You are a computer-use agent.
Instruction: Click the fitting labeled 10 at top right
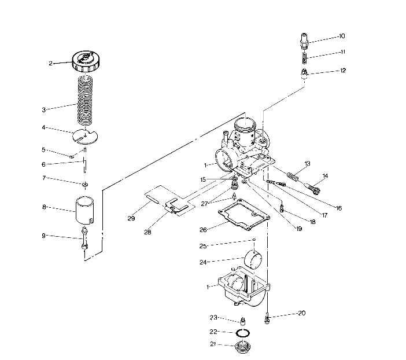(305, 42)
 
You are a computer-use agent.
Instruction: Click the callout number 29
(131, 219)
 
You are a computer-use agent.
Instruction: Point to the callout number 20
(301, 313)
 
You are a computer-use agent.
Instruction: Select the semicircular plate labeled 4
(86, 137)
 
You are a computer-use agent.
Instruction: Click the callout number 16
(338, 207)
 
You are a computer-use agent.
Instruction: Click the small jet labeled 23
(243, 321)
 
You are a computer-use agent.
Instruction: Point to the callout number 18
(312, 221)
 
